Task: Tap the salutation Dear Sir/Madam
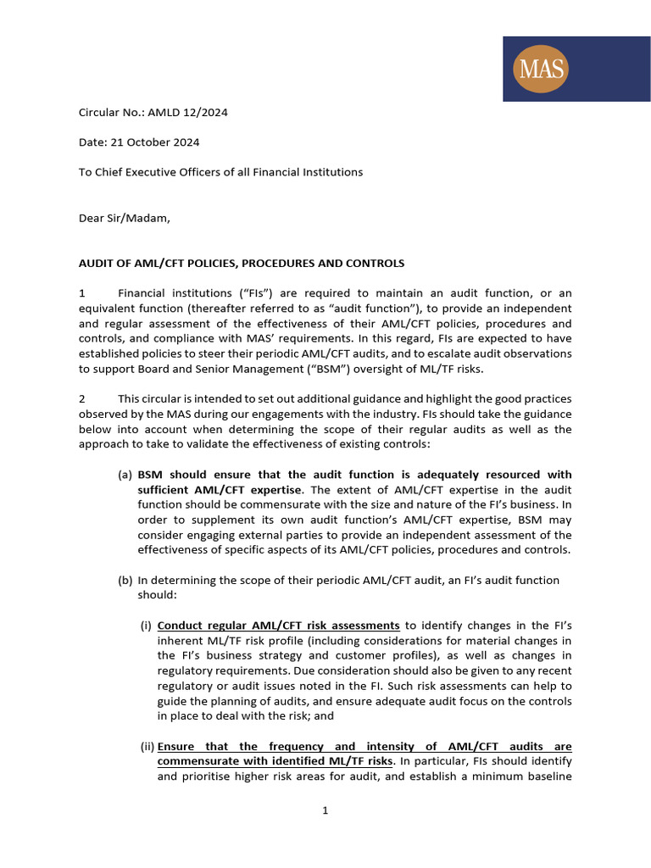pos(124,218)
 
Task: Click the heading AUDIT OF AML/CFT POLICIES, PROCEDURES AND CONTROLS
pos(242,263)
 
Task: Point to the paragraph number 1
pos(82,292)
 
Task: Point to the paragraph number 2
pos(82,398)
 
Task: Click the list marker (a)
pos(125,475)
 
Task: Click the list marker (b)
pos(125,581)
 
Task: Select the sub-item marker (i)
pos(146,626)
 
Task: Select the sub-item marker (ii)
pos(146,747)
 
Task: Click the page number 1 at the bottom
pos(325,810)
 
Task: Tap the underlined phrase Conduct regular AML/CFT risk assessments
pos(278,626)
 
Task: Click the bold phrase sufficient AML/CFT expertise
pos(219,490)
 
